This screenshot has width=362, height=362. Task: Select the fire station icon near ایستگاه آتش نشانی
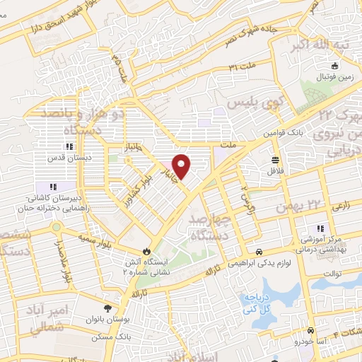(x=146, y=250)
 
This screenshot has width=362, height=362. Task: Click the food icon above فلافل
(x=275, y=159)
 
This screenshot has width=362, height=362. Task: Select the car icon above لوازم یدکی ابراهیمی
(x=260, y=252)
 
